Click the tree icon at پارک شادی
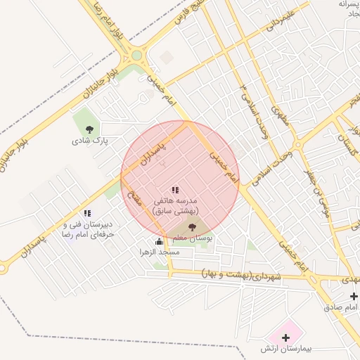click(x=89, y=129)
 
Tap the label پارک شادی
click(x=89, y=141)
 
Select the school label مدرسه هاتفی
click(x=176, y=205)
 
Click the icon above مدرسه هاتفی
click(x=175, y=190)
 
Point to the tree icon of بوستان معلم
click(x=193, y=227)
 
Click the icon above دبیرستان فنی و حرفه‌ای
click(x=87, y=213)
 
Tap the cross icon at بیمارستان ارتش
click(x=285, y=337)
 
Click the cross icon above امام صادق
click(x=353, y=296)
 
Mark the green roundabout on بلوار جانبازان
click(x=136, y=56)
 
